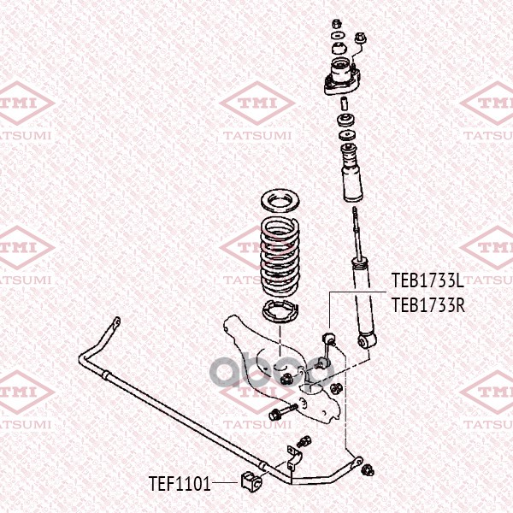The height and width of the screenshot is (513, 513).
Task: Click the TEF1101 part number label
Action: coord(179,484)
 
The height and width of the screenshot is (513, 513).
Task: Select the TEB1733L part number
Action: coord(427,280)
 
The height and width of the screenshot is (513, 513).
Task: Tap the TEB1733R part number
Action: coord(428,305)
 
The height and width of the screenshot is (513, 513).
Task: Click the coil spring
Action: coord(280,257)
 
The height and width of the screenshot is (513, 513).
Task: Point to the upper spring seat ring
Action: coord(280,201)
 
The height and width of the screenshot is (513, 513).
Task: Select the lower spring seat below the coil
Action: coord(280,312)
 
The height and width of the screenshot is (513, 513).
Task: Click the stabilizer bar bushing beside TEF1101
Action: coord(251,481)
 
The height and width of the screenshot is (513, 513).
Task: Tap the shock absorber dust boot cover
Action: coord(352,173)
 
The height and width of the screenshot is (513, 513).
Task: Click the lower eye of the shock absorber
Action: coord(367,340)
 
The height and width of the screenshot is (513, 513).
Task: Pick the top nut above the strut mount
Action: coord(337,24)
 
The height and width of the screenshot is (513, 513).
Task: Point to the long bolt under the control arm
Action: coord(283,412)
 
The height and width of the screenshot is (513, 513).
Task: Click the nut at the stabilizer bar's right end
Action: coord(369,471)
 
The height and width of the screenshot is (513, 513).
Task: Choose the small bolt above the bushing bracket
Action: coord(304,441)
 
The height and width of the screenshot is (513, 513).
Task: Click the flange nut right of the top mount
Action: coord(360,38)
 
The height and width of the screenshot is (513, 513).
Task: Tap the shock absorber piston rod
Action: coord(357,233)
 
